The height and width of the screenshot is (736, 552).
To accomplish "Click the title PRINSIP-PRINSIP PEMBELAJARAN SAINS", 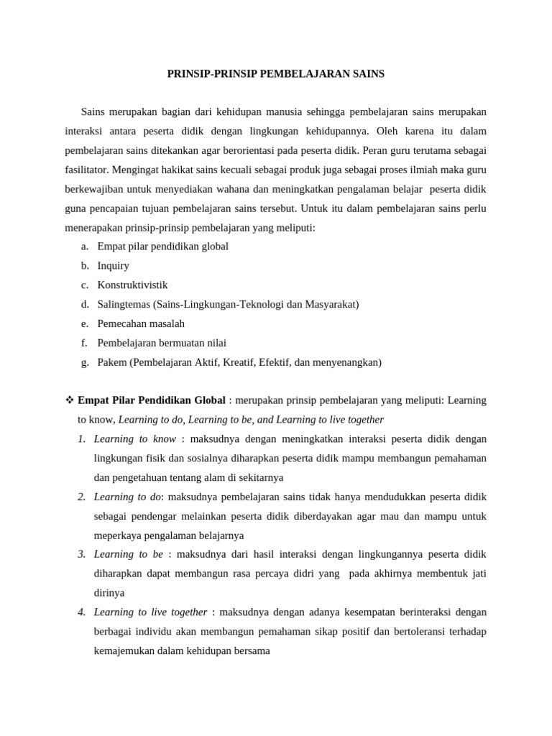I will click(x=276, y=73).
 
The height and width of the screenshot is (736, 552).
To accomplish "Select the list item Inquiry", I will click(x=113, y=266).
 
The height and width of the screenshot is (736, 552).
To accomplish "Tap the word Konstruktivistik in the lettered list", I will click(x=132, y=285).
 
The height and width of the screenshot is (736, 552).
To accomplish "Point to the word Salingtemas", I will click(x=124, y=305).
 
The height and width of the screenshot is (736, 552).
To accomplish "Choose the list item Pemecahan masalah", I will click(x=141, y=324).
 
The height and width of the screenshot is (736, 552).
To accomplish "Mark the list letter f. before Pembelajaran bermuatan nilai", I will click(x=84, y=344).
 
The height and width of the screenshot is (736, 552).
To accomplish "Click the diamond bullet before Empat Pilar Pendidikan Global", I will click(x=70, y=400).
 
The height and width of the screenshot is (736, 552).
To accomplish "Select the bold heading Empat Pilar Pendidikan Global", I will click(x=152, y=400).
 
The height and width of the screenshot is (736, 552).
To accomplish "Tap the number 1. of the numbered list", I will click(x=82, y=439).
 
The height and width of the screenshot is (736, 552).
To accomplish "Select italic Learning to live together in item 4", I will click(x=150, y=613).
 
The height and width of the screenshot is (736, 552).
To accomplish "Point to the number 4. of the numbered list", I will click(x=82, y=613).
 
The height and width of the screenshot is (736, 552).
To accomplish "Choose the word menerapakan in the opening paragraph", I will click(x=96, y=228).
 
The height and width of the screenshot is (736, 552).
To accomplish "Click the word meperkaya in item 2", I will click(x=120, y=536).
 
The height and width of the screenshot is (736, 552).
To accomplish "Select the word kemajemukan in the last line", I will click(x=124, y=652).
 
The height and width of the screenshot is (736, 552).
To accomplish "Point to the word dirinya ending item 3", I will click(x=109, y=594).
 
